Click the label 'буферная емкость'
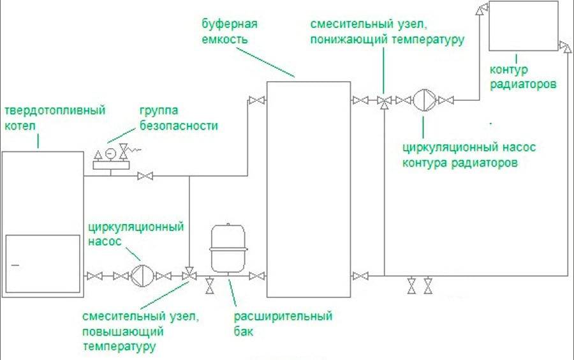[223, 31]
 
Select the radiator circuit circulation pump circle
[423, 100]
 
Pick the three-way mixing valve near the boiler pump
[189, 276]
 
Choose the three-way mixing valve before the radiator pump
[384, 101]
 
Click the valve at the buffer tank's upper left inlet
[256, 100]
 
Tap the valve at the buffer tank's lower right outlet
[360, 276]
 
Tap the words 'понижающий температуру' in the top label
[387, 38]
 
